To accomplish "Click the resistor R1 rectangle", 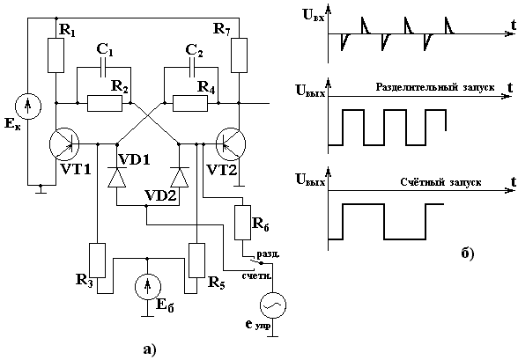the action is point(55,55).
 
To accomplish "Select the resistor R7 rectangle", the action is point(239,55).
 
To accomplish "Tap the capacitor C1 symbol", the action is point(104,68).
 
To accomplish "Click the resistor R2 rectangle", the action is point(105,103).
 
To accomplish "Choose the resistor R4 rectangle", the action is point(190,103).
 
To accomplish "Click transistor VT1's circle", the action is point(64,144).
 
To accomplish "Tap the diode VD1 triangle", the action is point(116,177).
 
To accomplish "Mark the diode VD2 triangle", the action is point(179,177).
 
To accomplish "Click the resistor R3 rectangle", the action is point(98,261).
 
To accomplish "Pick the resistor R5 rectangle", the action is point(196,261).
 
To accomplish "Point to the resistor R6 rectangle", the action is point(243,223).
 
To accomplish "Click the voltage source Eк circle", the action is point(28,107).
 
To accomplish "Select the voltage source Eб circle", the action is point(148,286).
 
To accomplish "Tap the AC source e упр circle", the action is point(273,305).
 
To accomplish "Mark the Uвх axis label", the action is point(314,16).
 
